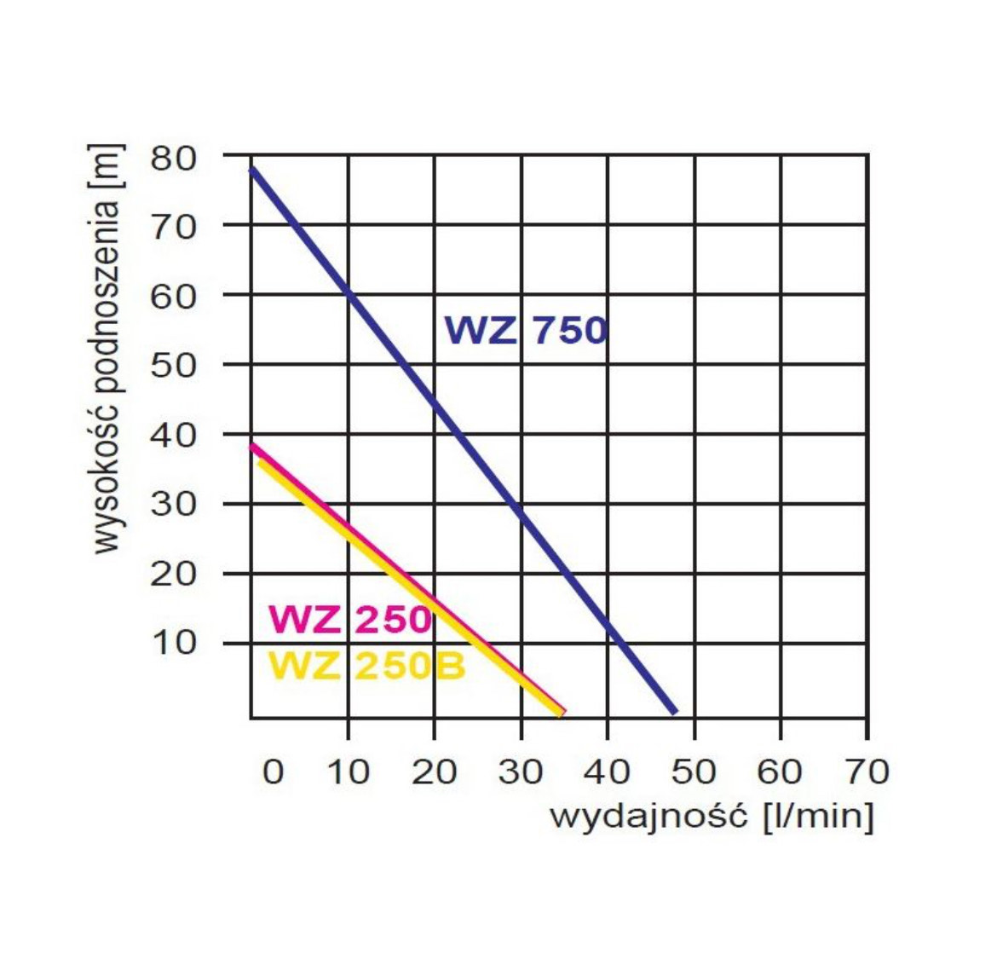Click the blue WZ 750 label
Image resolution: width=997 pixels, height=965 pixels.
coord(526,330)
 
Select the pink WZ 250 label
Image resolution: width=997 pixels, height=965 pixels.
coord(350,619)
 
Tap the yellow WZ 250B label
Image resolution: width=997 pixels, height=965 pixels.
coord(367,666)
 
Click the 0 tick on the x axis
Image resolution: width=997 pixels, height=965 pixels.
coord(273,771)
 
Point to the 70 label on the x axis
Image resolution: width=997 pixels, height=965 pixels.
coord(867,771)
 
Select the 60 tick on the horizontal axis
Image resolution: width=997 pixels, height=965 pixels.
coord(780,771)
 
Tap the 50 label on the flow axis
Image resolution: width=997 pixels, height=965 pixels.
coord(693,771)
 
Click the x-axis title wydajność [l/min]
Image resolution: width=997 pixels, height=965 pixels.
coord(712,816)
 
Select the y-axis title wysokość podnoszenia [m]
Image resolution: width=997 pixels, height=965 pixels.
coord(107,350)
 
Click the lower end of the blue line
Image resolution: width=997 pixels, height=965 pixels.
coord(674,710)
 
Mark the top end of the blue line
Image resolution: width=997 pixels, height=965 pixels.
coord(251,169)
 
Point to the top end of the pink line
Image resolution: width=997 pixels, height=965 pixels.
coord(251,445)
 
